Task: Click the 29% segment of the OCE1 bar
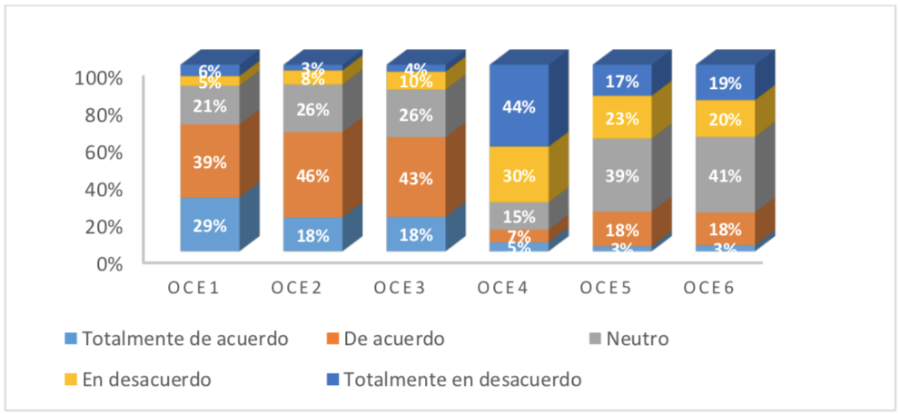pos(210,223)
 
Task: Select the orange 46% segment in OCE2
pos(312,174)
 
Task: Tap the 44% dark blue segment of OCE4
pos(519,106)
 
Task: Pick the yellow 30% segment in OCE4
pos(519,174)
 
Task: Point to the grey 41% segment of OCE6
pos(725,175)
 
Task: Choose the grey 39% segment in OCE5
pos(622,175)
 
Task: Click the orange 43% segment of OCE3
pos(416,177)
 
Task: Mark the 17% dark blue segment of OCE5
pos(622,81)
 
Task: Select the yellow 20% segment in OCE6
pos(725,118)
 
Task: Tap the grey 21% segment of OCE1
pos(210,104)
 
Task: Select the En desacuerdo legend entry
pos(146,379)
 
